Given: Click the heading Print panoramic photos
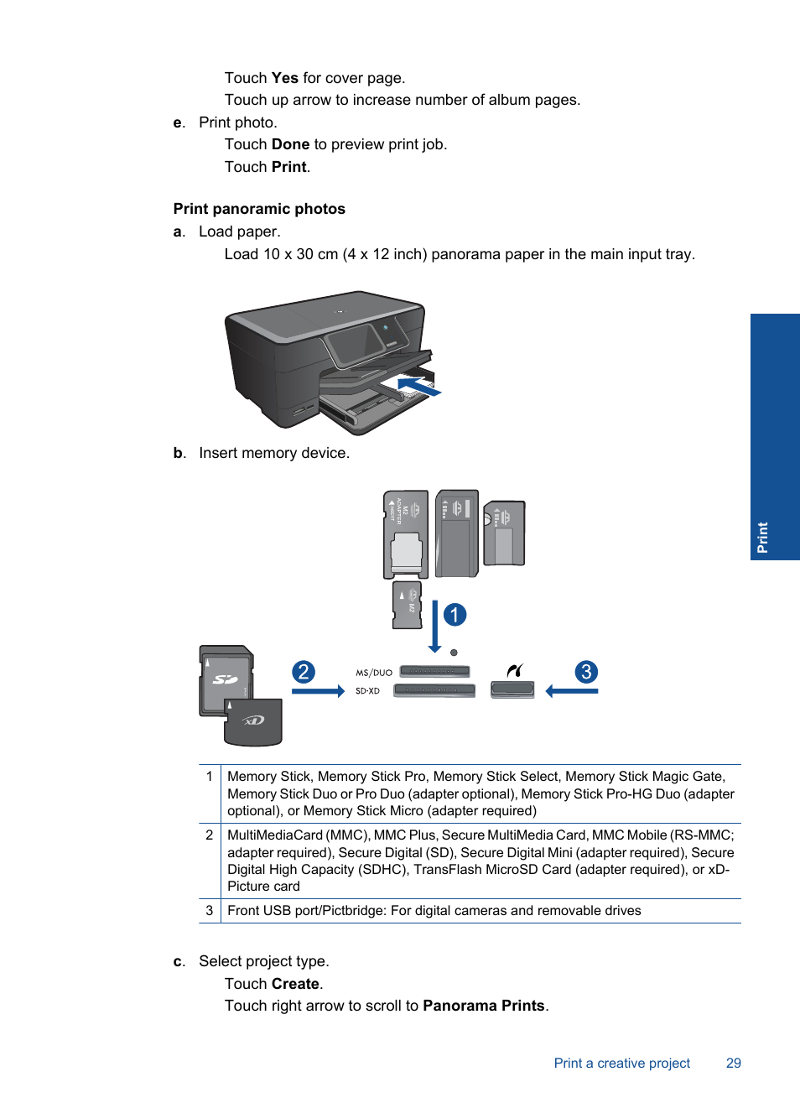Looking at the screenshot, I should tap(259, 209).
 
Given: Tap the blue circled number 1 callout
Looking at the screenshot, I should tap(455, 615).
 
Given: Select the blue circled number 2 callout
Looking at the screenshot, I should tap(304, 672).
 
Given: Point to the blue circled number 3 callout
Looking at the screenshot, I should tap(586, 672).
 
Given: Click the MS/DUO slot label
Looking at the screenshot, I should tap(374, 673).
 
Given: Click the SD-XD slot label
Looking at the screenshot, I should tap(367, 691).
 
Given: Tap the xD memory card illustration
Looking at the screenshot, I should tap(253, 721).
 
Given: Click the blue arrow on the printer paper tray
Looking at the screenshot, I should tap(418, 387).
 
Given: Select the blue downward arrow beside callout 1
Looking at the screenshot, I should tap(434, 626).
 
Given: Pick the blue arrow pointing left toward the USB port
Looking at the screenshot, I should tap(572, 691).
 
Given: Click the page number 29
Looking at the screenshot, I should tap(734, 1063).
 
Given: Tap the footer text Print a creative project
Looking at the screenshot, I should tap(621, 1063).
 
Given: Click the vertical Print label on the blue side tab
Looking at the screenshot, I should tap(762, 538).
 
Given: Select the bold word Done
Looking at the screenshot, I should tap(290, 144).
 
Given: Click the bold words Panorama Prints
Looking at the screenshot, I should tap(484, 1006).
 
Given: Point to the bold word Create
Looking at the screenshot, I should tap(295, 984).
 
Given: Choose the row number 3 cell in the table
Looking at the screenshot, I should tap(210, 911).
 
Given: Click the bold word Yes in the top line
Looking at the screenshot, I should tap(284, 78).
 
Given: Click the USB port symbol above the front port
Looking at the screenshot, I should tap(515, 670).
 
